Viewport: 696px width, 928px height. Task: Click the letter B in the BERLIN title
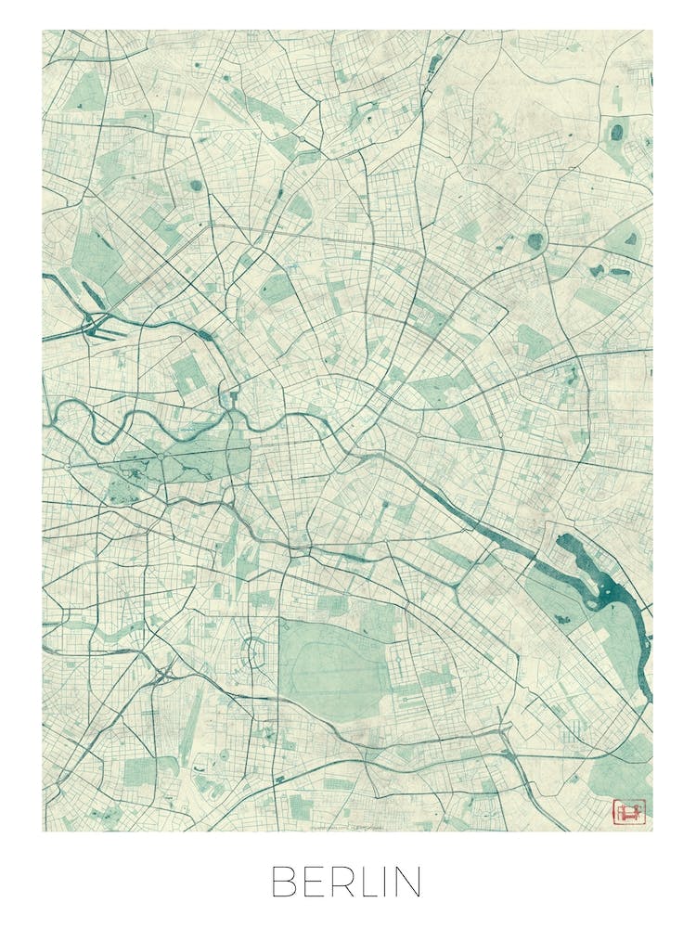[x=284, y=882]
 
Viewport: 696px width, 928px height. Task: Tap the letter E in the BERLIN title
[x=313, y=882]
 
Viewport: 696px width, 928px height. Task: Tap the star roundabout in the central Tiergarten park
[x=161, y=457]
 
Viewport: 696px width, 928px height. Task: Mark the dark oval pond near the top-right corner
[x=615, y=132]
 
